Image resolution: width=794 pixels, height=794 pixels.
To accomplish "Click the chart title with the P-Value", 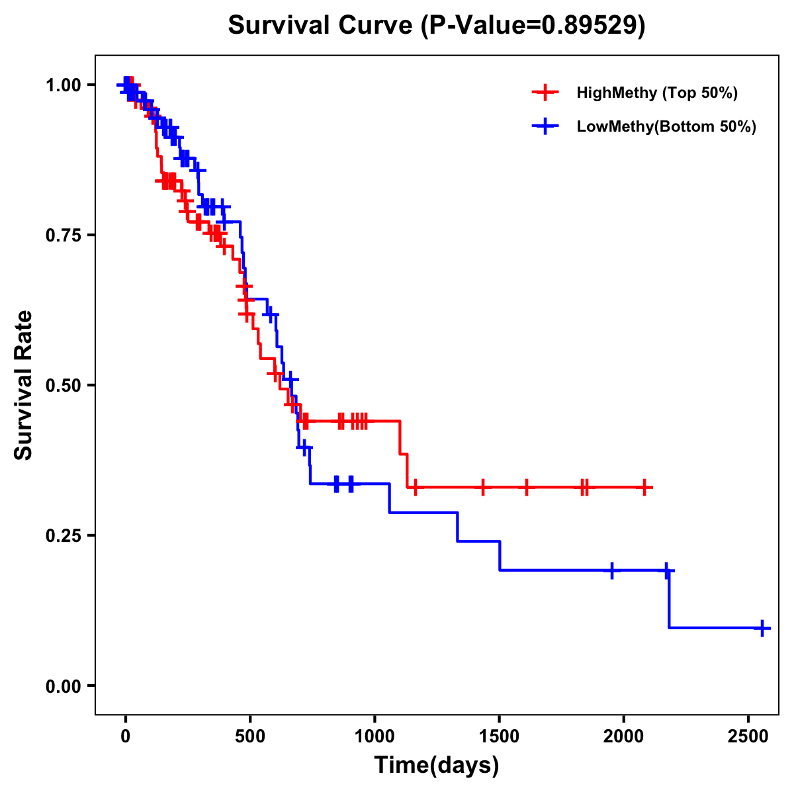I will click(x=436, y=25).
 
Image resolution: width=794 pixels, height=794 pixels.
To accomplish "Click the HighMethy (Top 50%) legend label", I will click(x=657, y=93).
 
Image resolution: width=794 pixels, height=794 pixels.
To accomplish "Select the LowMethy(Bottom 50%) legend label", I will click(x=666, y=127).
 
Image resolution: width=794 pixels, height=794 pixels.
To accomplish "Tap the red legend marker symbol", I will click(x=545, y=93).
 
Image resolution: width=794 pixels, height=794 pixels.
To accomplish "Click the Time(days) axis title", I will click(x=437, y=766).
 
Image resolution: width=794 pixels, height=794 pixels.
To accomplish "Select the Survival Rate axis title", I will click(x=24, y=385).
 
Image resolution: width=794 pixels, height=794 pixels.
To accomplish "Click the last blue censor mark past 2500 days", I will click(x=762, y=627).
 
